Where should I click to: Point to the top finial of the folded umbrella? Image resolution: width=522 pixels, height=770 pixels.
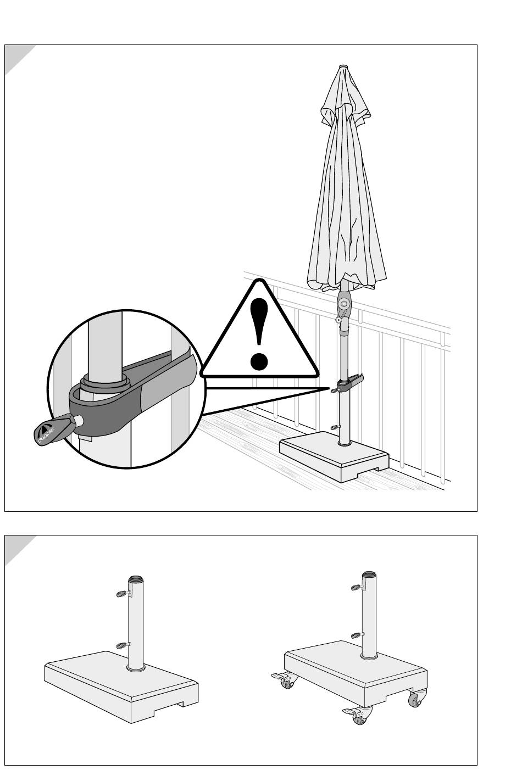pyautogui.click(x=343, y=68)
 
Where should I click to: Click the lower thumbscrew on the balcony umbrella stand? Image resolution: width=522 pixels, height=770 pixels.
pyautogui.click(x=336, y=427)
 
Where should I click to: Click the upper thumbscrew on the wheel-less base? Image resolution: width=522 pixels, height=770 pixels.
pyautogui.click(x=122, y=593)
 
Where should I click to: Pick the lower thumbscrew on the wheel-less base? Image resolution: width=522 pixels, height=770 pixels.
pyautogui.click(x=122, y=645)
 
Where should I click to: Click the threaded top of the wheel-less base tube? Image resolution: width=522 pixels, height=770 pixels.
pyautogui.click(x=135, y=579)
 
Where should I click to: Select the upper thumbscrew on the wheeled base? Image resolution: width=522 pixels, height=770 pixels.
pyautogui.click(x=356, y=588)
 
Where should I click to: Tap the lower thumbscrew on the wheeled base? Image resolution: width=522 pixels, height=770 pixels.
pyautogui.click(x=356, y=635)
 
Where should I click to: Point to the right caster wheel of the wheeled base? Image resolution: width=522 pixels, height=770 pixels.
pyautogui.click(x=414, y=699)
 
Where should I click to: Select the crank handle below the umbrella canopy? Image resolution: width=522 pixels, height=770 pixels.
pyautogui.click(x=339, y=319)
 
